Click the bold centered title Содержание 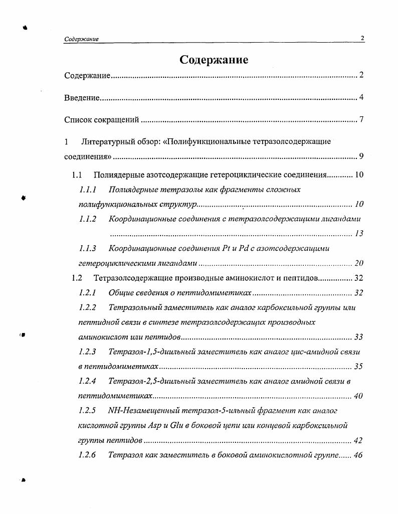[x=214, y=60]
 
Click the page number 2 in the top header [x=362, y=39]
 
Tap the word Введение [x=82, y=97]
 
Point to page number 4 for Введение [x=361, y=97]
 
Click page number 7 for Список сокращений [x=361, y=119]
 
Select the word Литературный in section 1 [x=106, y=141]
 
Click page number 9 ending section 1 [x=361, y=156]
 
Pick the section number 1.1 [x=77, y=175]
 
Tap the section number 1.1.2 [x=88, y=219]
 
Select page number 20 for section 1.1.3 [x=358, y=263]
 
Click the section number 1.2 [x=77, y=278]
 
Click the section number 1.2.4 [x=88, y=381]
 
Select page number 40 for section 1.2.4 [x=358, y=396]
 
